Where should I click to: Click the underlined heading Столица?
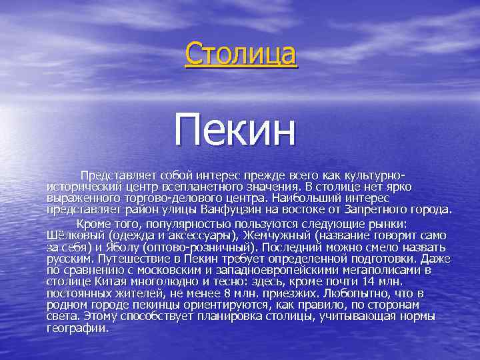click(x=241, y=53)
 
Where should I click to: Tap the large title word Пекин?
click(x=235, y=130)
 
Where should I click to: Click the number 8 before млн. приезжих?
click(x=231, y=293)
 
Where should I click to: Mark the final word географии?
click(x=77, y=327)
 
